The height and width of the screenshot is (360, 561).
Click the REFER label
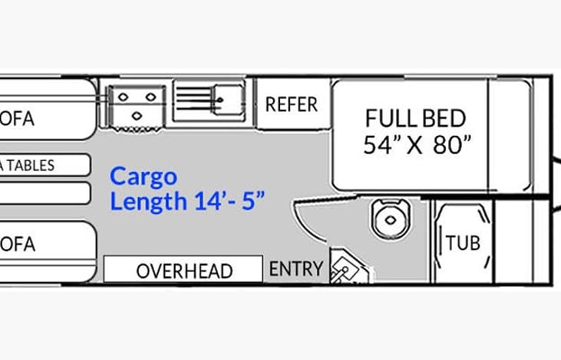pos(292,104)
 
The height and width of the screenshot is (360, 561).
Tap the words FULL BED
pos(415,118)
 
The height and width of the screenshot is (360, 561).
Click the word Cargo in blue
pos(144,176)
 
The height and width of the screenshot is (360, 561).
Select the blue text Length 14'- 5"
pos(187,202)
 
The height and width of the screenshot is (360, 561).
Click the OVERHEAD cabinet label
pos(183,270)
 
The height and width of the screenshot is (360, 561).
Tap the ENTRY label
pos(296,269)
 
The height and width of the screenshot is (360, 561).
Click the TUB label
pos(463,243)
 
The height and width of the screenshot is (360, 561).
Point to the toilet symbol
pos(388,219)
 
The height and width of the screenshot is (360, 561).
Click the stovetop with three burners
pos(137,104)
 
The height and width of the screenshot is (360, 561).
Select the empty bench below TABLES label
pos(42,193)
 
